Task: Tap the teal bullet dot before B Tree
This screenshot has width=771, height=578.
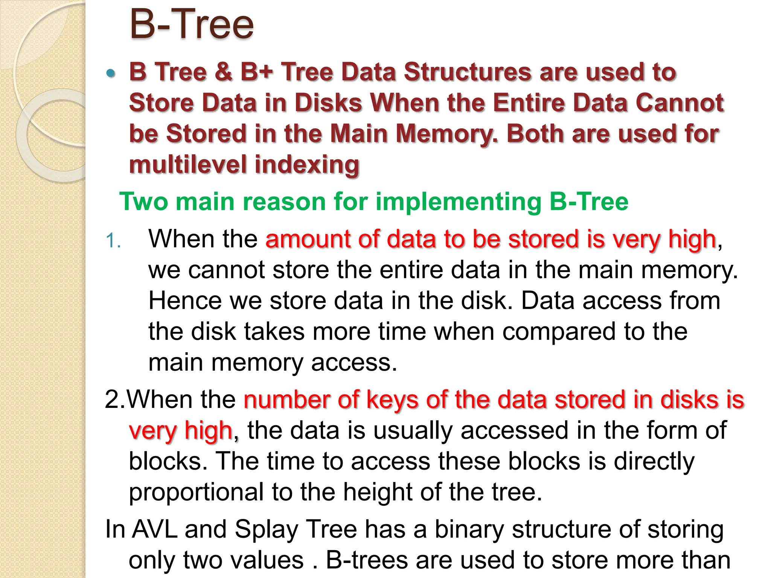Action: click(x=110, y=73)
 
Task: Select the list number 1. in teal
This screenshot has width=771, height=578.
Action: click(x=113, y=241)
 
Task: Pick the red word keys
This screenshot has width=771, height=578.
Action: click(x=392, y=400)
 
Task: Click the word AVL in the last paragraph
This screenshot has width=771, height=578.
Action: click(x=155, y=529)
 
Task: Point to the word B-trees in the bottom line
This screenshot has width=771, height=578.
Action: click(x=367, y=560)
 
